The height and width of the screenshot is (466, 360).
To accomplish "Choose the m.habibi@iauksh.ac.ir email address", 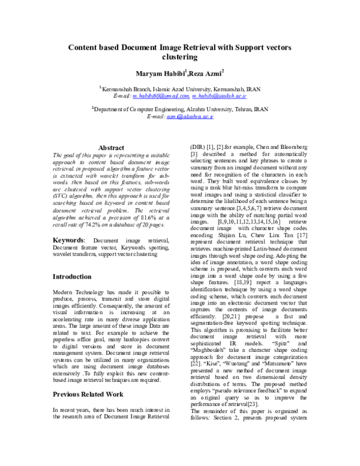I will [x=220, y=95].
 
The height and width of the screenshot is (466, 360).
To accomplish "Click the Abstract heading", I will [x=111, y=148].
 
